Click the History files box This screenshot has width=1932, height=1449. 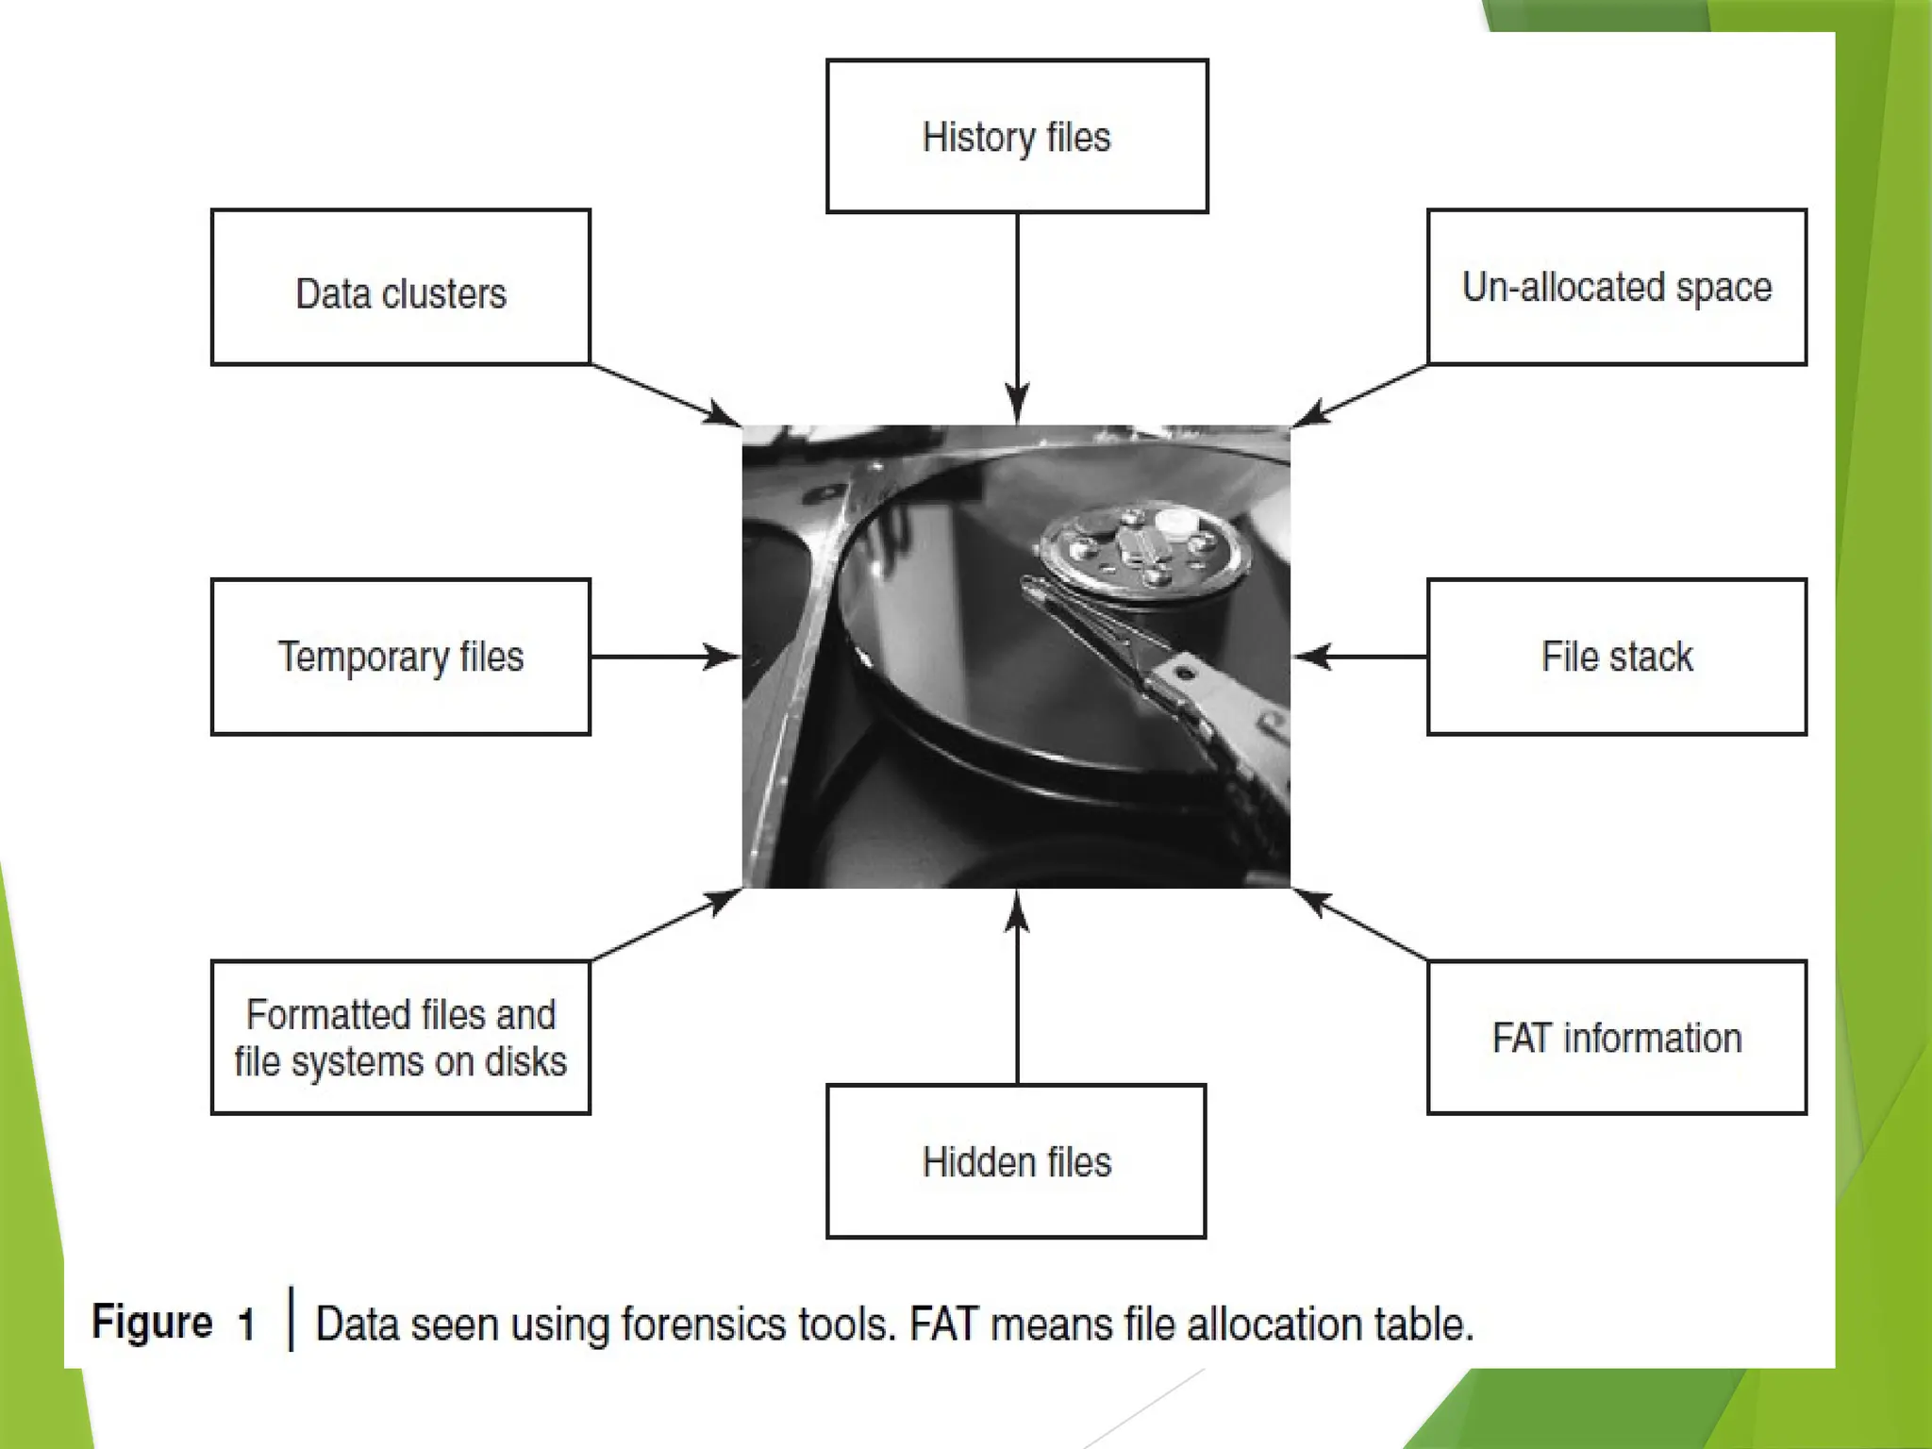click(x=1017, y=137)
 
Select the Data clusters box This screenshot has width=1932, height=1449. click(x=401, y=288)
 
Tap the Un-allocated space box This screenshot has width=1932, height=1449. click(x=1617, y=288)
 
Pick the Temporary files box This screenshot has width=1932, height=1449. click(x=401, y=657)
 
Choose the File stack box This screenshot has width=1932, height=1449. click(x=1617, y=657)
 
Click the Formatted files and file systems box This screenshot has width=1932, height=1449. click(x=401, y=1038)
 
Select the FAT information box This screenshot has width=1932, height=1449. click(x=1617, y=1038)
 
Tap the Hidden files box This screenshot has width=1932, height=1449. click(x=1016, y=1161)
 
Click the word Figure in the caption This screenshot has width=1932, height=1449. click(x=152, y=1323)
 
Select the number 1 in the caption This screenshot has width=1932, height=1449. click(x=247, y=1324)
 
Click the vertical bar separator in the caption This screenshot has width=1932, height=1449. click(x=291, y=1319)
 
